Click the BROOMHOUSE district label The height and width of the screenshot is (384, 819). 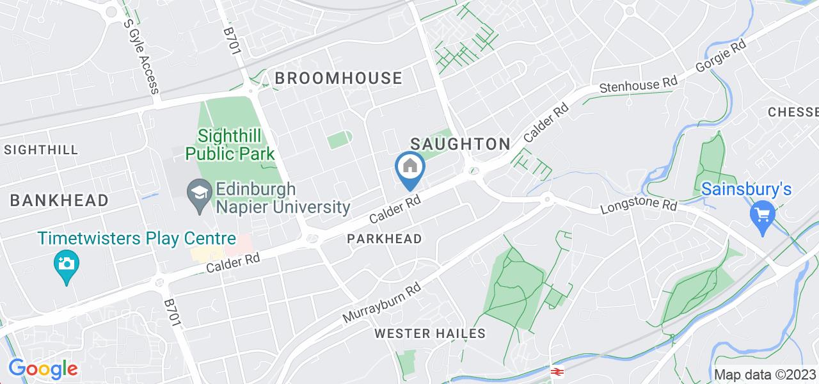(x=338, y=79)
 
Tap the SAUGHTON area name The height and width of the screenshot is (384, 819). (x=460, y=144)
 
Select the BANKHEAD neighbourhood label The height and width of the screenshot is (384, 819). (x=59, y=200)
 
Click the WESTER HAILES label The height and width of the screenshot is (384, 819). (x=430, y=333)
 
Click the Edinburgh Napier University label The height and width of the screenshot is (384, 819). (x=282, y=198)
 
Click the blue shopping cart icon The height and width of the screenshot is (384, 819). (x=763, y=214)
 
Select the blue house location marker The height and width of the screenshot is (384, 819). (x=409, y=168)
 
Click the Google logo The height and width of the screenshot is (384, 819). (x=42, y=369)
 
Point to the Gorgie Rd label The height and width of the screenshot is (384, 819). (x=723, y=57)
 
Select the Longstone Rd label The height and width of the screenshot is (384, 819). (x=639, y=207)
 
